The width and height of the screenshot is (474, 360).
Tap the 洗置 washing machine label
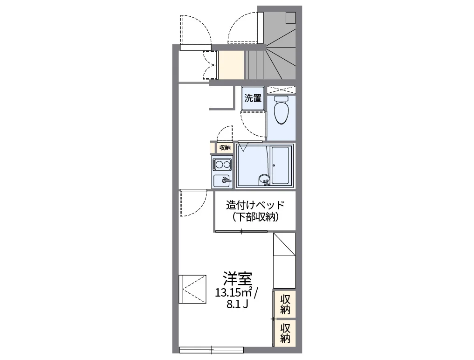pos(253,98)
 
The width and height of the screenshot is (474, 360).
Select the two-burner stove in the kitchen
pos(222,164)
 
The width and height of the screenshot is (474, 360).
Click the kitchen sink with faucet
pos(222,180)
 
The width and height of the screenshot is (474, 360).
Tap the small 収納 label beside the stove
pos(225,148)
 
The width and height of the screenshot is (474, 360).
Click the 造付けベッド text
pos(254,205)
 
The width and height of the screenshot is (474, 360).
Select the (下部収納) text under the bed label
pos(255,217)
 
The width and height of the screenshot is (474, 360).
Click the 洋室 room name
pos(237,278)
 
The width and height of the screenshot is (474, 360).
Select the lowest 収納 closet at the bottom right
pos(285,332)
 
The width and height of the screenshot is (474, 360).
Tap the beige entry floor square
pos(231,65)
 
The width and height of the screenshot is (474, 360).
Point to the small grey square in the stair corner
pos(291,17)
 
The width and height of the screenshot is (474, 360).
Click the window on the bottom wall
pos(212,349)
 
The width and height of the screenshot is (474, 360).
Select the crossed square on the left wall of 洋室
pos(192,289)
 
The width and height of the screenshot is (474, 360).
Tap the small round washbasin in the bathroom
pos(264,179)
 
